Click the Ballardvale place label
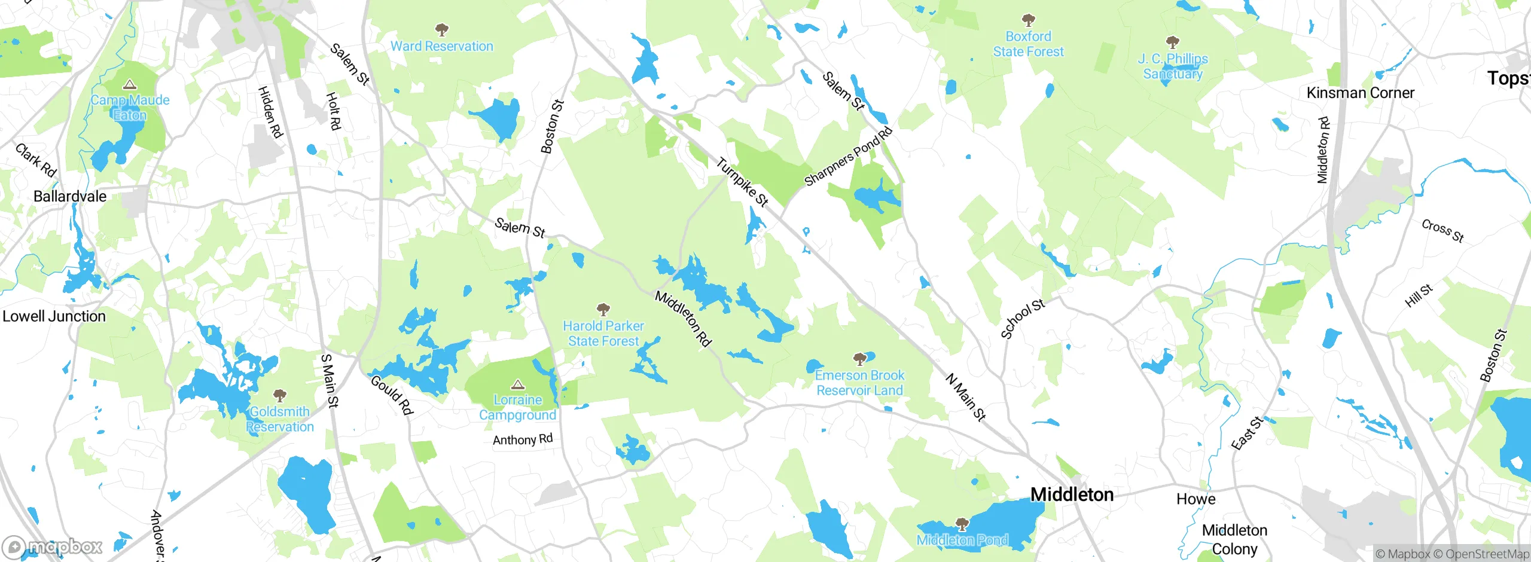(x=70, y=196)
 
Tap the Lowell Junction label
(x=54, y=316)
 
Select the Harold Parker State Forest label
(x=603, y=334)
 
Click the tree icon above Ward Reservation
(x=441, y=30)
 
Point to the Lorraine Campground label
(x=517, y=407)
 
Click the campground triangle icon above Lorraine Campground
(x=518, y=384)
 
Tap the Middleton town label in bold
(x=1072, y=494)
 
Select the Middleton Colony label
(x=1234, y=539)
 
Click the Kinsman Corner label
(x=1360, y=93)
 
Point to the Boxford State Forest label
(x=1028, y=44)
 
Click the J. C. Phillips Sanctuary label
(x=1172, y=66)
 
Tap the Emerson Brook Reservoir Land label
(x=859, y=383)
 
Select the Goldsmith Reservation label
(x=279, y=419)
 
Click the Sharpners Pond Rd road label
(x=848, y=157)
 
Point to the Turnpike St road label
(x=742, y=182)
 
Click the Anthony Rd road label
(x=522, y=439)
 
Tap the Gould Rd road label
(x=392, y=395)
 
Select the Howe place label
(x=1195, y=499)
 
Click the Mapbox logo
(x=53, y=546)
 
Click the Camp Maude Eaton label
(x=130, y=108)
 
